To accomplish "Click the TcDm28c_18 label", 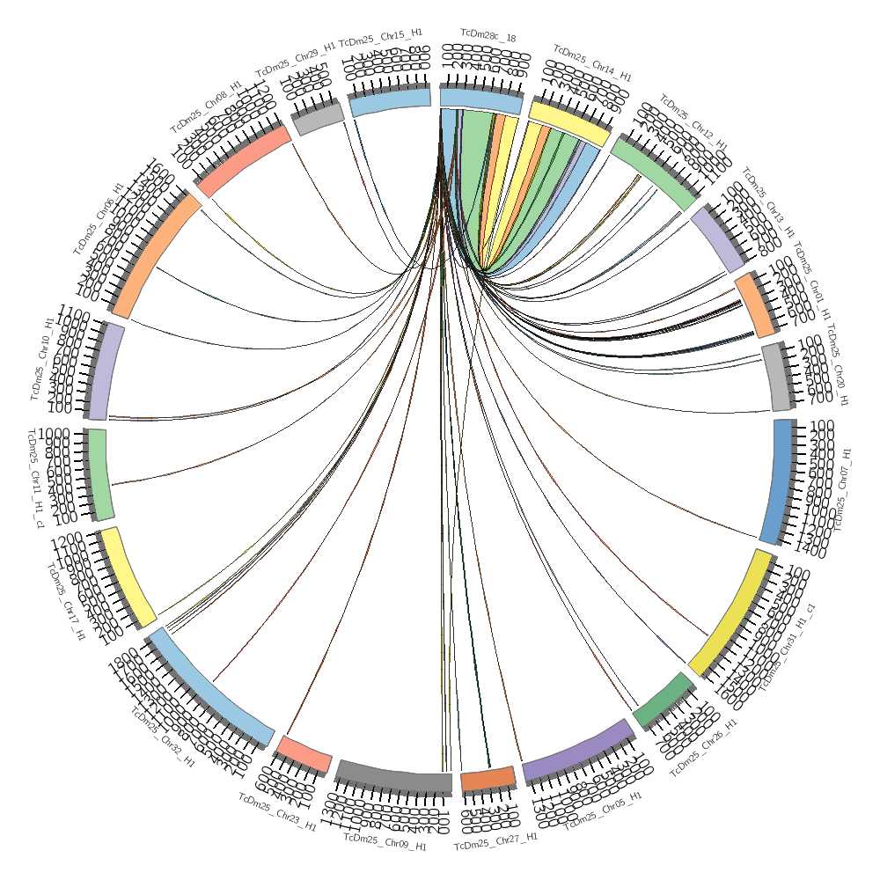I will pyautogui.click(x=488, y=38).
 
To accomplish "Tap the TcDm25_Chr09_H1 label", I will pyautogui.click(x=385, y=842).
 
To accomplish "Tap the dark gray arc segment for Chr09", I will pyautogui.click(x=393, y=777).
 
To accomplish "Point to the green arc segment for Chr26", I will pyautogui.click(x=662, y=700).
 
